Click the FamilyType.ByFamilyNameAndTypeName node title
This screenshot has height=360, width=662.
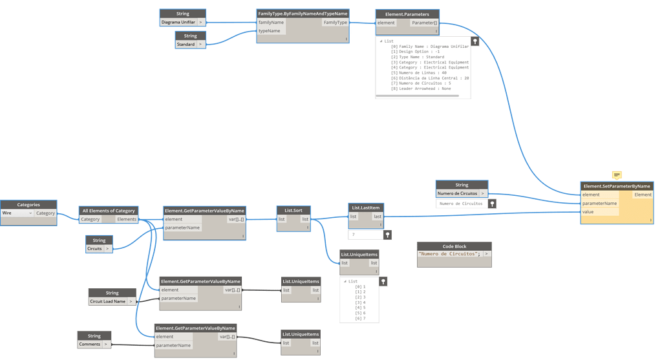tap(303, 14)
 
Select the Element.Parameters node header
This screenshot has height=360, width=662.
tap(407, 14)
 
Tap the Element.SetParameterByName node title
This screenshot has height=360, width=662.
tap(617, 186)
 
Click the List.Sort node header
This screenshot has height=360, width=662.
tap(293, 210)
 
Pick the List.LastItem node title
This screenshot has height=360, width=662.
tap(366, 208)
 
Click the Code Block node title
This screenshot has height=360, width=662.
tap(454, 246)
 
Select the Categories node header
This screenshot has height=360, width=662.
tap(28, 205)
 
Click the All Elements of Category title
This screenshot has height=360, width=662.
tap(109, 211)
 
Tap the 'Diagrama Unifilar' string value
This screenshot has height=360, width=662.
tap(178, 23)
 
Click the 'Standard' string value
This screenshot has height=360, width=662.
tap(186, 45)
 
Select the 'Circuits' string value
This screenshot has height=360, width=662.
tap(95, 248)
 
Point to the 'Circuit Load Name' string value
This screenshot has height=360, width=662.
tap(107, 301)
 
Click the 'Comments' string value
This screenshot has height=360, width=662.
tap(90, 344)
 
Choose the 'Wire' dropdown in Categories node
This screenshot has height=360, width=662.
tap(17, 213)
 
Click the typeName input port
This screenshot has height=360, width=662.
tap(270, 31)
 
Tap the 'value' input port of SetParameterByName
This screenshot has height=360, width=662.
tap(588, 212)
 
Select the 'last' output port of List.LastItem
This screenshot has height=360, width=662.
tap(377, 217)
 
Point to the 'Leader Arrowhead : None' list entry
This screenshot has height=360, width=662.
tap(425, 89)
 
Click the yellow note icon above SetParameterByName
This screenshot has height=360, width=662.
tap(617, 175)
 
